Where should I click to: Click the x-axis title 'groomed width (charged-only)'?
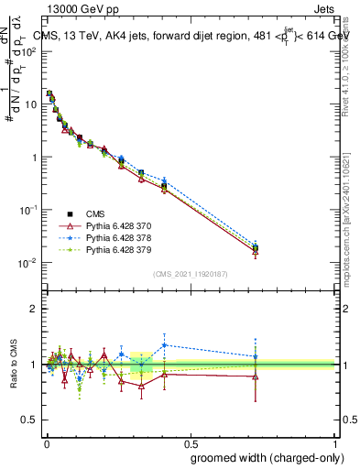click(x=260, y=457)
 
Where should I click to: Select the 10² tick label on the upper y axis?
click(x=27, y=51)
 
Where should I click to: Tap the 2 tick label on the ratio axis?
click(x=34, y=309)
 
